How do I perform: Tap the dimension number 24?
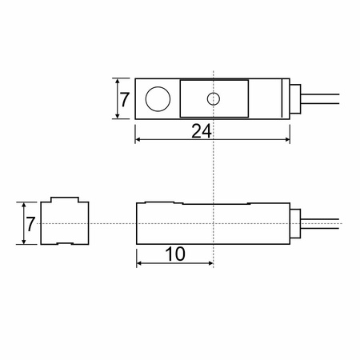[202, 131]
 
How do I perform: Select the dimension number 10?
[175, 254]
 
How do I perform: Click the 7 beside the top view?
[124, 100]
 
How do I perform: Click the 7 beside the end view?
[30, 224]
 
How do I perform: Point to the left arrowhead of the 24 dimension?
[138, 139]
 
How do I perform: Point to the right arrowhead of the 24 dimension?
[287, 139]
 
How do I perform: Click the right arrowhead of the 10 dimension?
[210, 263]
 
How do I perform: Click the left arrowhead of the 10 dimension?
[139, 263]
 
